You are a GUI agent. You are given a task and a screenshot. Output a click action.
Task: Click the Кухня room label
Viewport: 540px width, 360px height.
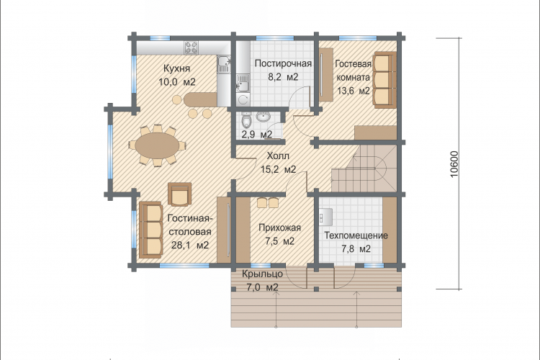point(176,68)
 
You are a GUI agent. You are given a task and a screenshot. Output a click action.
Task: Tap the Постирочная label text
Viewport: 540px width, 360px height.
point(283,63)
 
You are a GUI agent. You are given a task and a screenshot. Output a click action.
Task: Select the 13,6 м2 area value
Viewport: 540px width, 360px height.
point(354,91)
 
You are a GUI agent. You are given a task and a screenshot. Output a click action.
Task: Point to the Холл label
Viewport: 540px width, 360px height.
point(278,156)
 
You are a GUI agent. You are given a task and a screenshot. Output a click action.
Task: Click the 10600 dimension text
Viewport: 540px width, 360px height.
point(454,164)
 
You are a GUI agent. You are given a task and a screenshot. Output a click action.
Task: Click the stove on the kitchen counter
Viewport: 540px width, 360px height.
point(191,48)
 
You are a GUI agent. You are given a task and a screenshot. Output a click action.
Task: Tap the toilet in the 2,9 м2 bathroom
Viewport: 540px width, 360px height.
point(246,121)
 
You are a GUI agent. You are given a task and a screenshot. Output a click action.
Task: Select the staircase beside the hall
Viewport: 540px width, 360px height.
point(364,168)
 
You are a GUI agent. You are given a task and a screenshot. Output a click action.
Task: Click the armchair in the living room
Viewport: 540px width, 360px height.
point(180,194)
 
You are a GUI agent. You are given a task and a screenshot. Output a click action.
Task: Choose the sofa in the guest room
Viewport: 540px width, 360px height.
point(384,80)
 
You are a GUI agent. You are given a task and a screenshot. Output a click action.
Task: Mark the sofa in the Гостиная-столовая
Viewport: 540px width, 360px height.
point(150,230)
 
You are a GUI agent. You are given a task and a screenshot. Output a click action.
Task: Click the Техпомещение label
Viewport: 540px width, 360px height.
point(356,235)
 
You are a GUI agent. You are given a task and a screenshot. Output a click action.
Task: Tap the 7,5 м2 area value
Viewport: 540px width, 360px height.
point(279,241)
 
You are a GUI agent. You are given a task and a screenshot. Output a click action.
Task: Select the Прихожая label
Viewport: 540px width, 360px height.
point(279,228)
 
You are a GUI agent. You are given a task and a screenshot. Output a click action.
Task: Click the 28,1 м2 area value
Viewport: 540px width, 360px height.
point(190,245)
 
